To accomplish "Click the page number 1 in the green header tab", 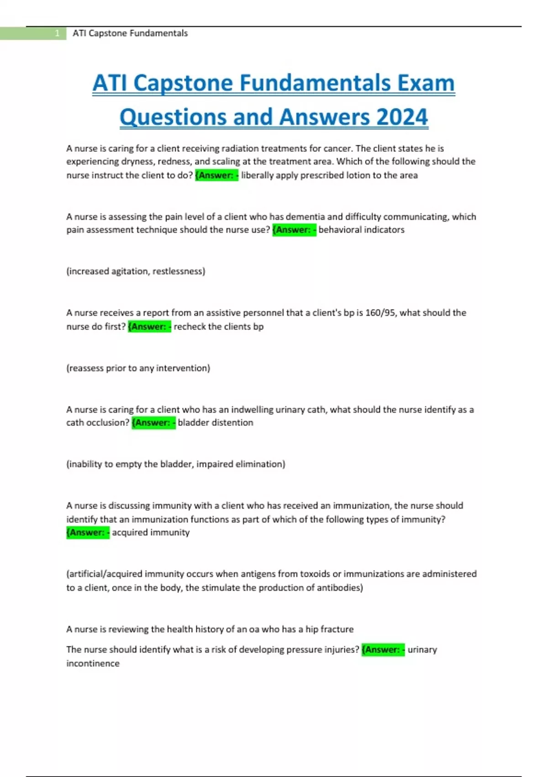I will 57,33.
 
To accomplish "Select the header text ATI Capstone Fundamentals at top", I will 130,33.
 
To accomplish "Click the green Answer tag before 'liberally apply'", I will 216,176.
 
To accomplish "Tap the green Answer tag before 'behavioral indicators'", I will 294,230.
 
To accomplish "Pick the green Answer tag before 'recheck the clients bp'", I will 149,327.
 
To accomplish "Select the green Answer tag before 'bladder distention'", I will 153,423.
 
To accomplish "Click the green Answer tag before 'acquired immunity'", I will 88,532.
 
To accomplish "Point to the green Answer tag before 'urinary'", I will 383,649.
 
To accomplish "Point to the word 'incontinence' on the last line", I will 93,663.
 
